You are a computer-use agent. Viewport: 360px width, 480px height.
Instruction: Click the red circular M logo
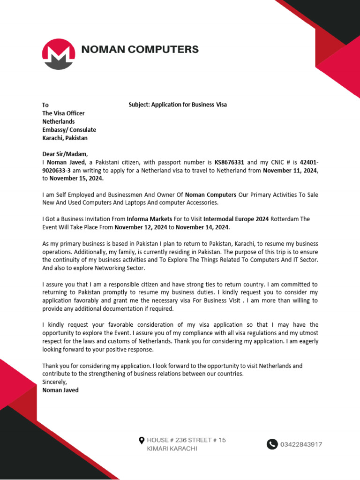(x=59, y=54)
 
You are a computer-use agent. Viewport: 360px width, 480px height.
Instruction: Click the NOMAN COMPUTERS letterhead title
(x=140, y=49)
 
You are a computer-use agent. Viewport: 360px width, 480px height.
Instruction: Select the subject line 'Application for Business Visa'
(x=178, y=105)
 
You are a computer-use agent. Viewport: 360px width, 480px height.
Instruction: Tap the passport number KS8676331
(x=230, y=162)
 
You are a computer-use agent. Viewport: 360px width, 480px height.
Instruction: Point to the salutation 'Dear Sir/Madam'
(x=65, y=154)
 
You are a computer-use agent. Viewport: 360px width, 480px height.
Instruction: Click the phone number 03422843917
(x=301, y=444)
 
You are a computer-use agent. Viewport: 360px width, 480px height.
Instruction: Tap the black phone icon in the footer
(x=272, y=444)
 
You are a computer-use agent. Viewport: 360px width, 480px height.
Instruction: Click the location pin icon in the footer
(x=142, y=440)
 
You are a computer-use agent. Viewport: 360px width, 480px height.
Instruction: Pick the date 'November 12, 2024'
(x=141, y=227)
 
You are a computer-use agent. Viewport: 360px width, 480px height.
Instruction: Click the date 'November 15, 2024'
(x=76, y=179)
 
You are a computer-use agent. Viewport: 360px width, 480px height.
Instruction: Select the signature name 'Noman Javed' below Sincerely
(x=60, y=390)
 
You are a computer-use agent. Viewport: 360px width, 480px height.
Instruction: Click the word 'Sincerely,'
(x=55, y=382)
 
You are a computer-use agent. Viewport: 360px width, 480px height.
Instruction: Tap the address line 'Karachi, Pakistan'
(x=65, y=138)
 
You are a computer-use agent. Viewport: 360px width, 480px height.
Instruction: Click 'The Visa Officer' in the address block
(x=63, y=113)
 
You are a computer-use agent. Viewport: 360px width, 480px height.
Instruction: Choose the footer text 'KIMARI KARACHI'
(x=172, y=449)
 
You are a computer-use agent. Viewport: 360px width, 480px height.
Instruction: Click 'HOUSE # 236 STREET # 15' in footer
(x=186, y=440)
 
